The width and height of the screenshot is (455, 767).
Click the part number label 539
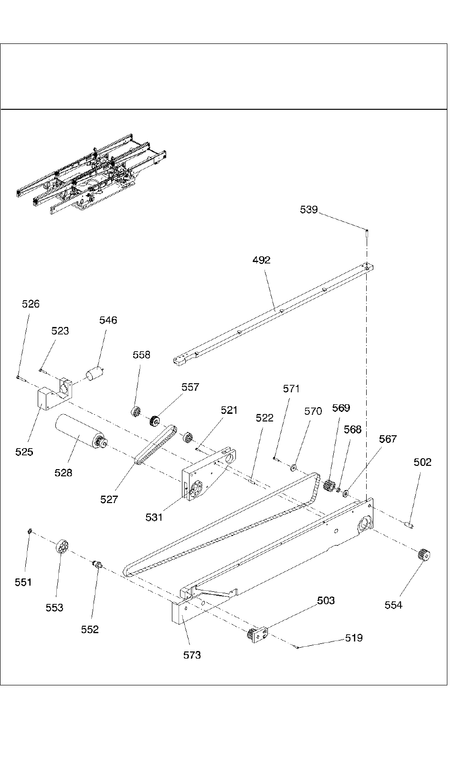[x=308, y=210]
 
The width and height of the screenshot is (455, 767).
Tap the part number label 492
[x=261, y=260]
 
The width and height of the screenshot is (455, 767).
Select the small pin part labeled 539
[x=368, y=234]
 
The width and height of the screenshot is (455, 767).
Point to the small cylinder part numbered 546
[x=95, y=373]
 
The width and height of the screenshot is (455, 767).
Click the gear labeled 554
[x=423, y=555]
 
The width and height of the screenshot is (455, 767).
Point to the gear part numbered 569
[x=328, y=486]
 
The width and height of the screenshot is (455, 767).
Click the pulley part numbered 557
[x=154, y=421]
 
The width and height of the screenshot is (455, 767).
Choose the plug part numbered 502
[x=409, y=525]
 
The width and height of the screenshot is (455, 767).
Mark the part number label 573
[x=192, y=655]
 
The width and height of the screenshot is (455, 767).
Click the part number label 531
[x=154, y=517]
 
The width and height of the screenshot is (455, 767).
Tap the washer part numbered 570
[x=294, y=466]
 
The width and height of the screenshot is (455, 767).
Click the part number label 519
[x=354, y=638]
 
